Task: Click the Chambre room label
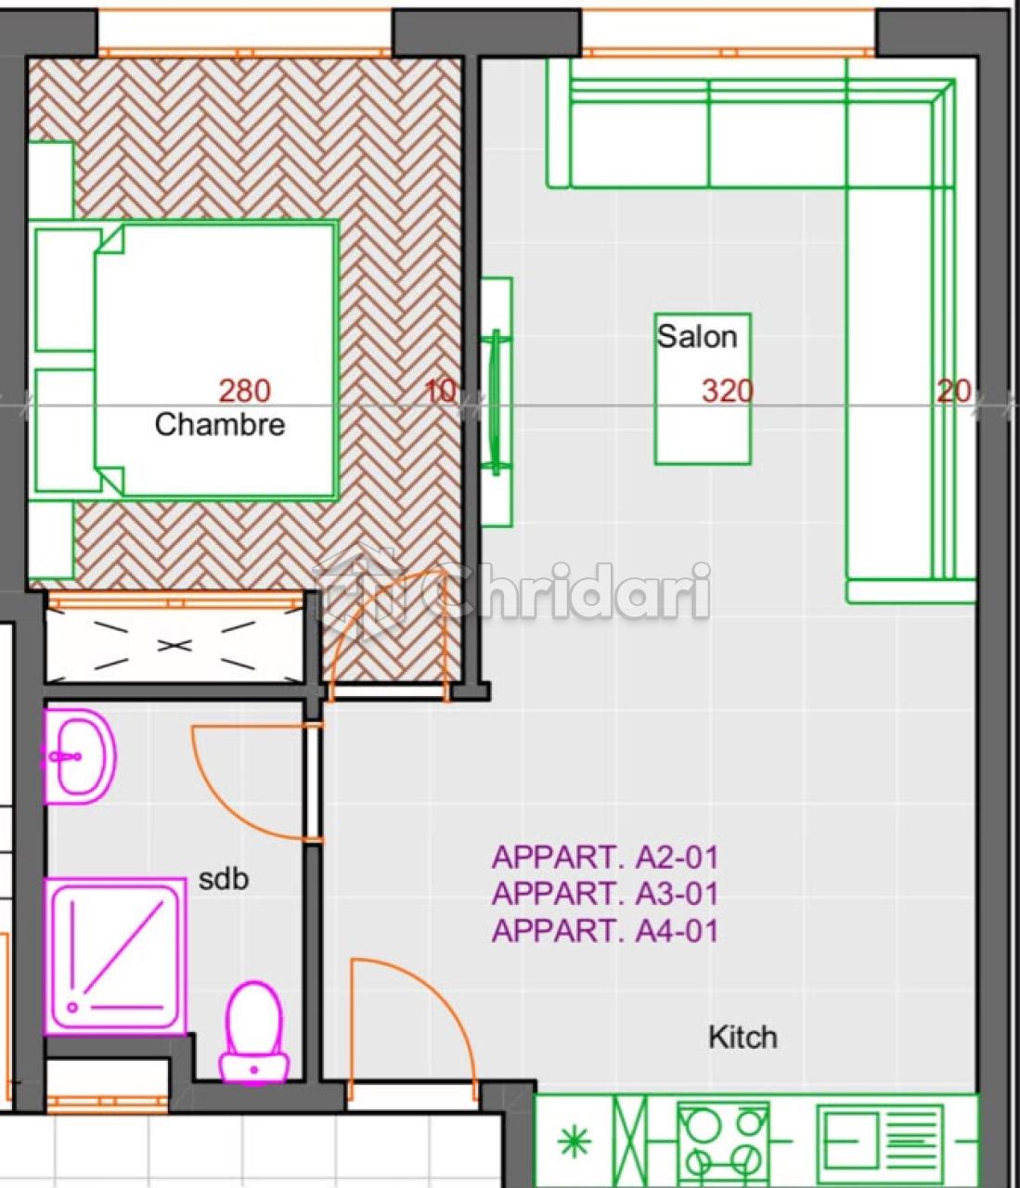point(220,425)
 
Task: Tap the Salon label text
point(697,336)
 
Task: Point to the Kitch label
point(743,1038)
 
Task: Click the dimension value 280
point(245,390)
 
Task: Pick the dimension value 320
point(728,391)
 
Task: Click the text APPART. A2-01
point(605,857)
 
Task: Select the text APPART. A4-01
point(605,931)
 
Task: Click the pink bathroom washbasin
point(80,756)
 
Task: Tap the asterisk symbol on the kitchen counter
point(575,1141)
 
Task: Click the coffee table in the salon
point(703,389)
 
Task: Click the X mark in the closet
point(174,645)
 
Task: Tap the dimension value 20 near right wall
point(954,392)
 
